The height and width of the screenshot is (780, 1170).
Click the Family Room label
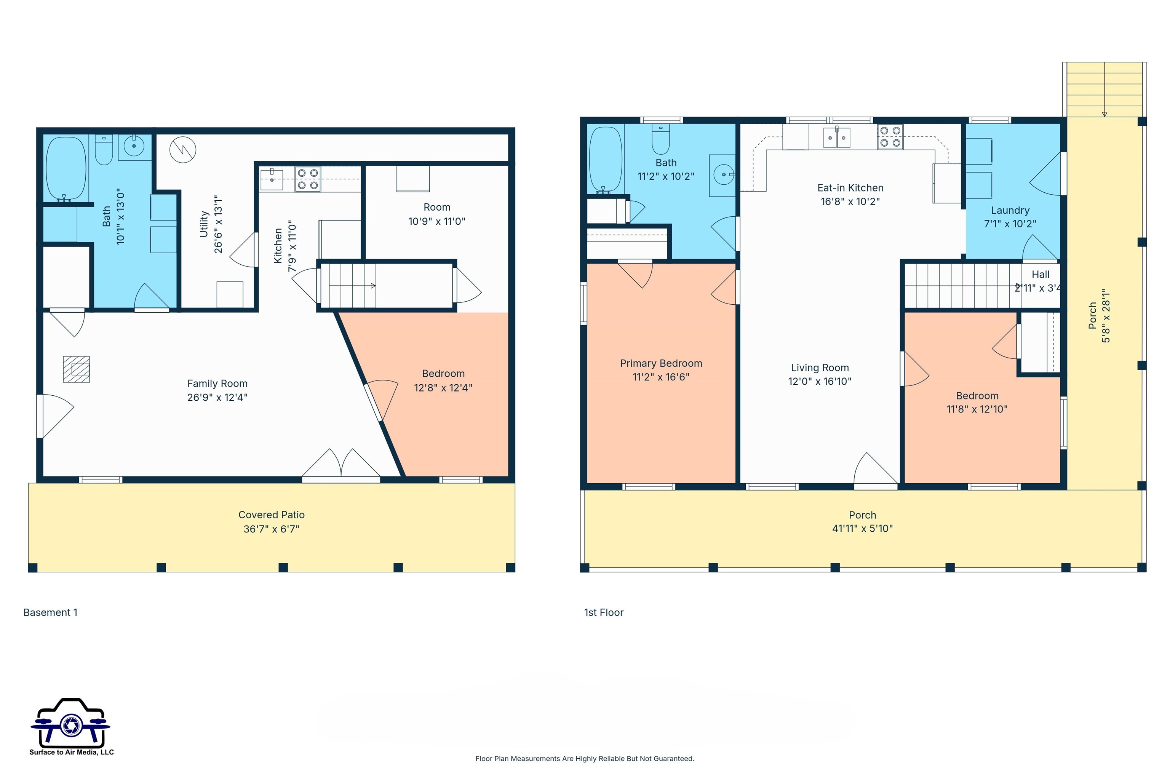[217, 384]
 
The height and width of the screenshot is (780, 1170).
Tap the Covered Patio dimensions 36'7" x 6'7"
[272, 529]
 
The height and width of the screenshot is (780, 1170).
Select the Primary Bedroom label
[661, 364]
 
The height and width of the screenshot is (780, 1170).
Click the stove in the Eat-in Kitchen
[890, 137]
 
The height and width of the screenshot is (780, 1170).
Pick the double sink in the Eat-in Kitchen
[837, 138]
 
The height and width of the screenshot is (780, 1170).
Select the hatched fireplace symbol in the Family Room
[77, 369]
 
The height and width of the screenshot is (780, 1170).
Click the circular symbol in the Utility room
[182, 149]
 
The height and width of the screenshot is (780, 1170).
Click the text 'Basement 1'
[50, 612]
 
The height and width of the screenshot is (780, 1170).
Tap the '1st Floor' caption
[603, 612]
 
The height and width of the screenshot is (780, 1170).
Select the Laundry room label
[1010, 210]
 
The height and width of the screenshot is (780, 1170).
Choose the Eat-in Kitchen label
[850, 188]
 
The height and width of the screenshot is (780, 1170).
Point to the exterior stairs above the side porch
[1104, 90]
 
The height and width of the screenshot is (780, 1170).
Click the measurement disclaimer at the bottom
[585, 759]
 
